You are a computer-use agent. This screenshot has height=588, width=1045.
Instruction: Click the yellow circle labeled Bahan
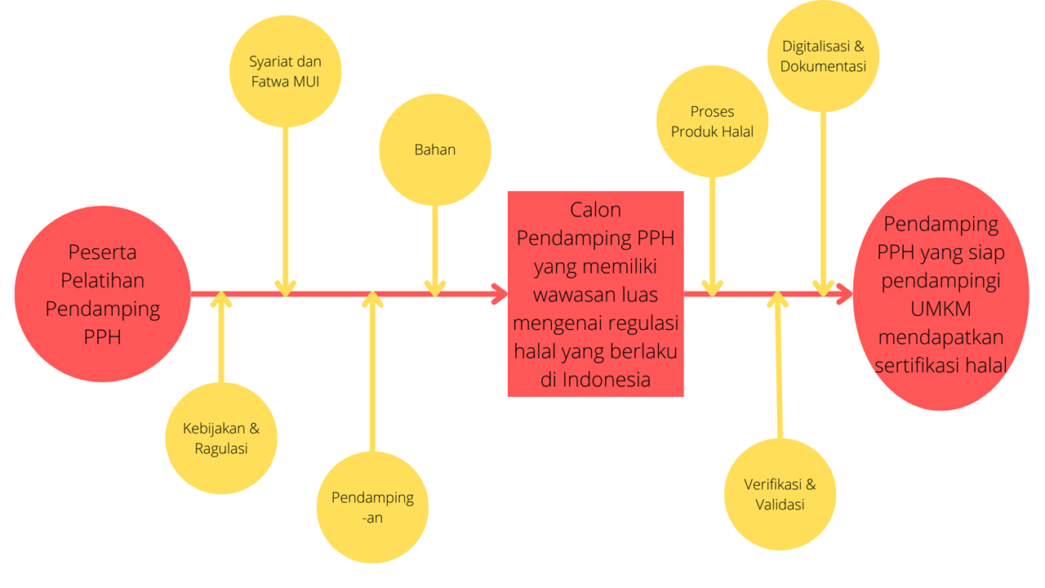[435, 149]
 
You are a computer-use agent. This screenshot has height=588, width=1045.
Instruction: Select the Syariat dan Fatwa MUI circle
[285, 71]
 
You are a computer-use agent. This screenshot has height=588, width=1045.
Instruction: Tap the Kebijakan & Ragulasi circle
[221, 439]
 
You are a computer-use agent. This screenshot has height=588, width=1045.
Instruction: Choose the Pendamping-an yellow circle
[372, 507]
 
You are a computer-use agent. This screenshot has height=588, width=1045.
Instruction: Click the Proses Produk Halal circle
[712, 121]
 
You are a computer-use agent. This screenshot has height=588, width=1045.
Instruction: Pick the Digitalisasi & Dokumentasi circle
[823, 56]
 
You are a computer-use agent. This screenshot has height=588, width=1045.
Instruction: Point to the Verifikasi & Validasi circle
[780, 493]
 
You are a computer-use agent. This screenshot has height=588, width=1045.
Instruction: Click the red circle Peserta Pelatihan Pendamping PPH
[103, 294]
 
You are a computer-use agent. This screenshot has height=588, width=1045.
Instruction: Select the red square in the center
[595, 294]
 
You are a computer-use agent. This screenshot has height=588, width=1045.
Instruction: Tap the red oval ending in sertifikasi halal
[940, 294]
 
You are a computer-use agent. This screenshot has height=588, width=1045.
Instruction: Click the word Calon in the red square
[596, 210]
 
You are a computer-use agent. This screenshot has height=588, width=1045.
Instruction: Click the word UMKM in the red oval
[940, 310]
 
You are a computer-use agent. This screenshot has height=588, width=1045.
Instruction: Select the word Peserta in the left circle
[103, 252]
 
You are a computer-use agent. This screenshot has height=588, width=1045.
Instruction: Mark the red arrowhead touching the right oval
[845, 295]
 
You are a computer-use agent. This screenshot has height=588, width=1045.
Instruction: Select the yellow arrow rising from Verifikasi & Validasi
[779, 367]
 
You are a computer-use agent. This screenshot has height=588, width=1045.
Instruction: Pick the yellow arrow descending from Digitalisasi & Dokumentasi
[823, 196]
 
